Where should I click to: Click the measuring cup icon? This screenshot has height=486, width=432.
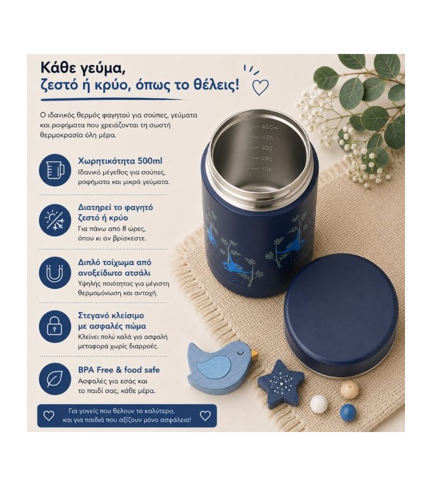55,170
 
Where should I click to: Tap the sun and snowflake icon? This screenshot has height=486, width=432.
55,220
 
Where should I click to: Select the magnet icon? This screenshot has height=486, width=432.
55,273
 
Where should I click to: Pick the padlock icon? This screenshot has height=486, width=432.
55,326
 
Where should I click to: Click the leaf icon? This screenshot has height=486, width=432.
55,379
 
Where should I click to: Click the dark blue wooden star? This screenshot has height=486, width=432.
280,383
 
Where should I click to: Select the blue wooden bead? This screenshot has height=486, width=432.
348,412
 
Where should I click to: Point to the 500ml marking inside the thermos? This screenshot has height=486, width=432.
271,127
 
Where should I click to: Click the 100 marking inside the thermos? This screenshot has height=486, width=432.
266,169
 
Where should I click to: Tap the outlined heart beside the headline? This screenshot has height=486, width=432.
260,87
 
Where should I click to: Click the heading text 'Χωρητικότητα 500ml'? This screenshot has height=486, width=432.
120,161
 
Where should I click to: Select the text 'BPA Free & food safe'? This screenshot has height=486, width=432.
119,370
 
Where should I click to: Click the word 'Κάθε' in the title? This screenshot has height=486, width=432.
58,68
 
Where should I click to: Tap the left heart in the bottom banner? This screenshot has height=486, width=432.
49,416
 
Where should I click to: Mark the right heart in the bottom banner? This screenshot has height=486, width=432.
205,416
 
